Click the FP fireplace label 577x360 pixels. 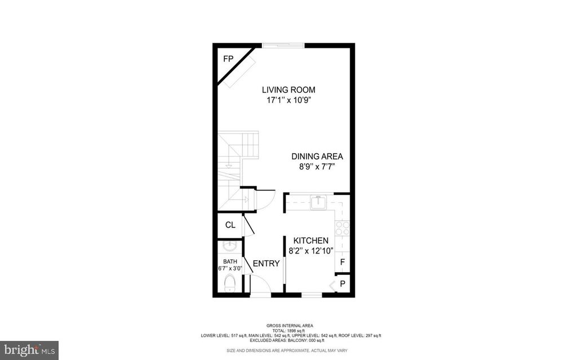228,59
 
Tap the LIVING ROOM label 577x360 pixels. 288,90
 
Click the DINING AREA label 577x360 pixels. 317,157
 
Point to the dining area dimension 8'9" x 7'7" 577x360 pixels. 317,167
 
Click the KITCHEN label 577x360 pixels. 311,241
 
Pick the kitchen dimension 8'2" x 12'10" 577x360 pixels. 311,251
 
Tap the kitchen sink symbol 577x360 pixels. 318,202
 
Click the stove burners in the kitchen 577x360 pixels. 342,228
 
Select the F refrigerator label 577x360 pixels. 343,263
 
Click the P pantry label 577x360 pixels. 343,284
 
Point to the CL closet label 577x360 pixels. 230,225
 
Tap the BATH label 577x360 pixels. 230,262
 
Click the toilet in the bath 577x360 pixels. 230,283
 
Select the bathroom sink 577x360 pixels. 230,245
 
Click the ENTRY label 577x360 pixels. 267,264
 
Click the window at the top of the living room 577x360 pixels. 283,46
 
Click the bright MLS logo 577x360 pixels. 29,350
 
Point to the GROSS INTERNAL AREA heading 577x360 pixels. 290,326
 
